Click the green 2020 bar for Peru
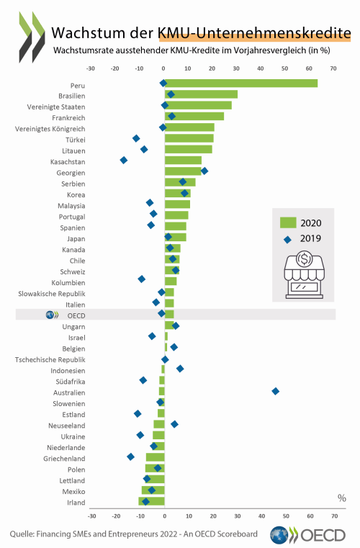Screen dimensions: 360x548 pyautogui.click(x=241, y=84)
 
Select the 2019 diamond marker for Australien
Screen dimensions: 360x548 pyautogui.click(x=276, y=391)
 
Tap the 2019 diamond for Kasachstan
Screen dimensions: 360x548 pyautogui.click(x=123, y=160)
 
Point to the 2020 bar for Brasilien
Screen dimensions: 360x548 pyautogui.click(x=201, y=94)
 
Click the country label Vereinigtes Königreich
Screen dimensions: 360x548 pyautogui.click(x=50, y=129)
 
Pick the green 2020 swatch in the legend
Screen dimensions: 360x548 pyautogui.click(x=288, y=223)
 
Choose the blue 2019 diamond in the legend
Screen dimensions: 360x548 pyautogui.click(x=288, y=239)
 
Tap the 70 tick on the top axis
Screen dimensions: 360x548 pyautogui.click(x=333, y=68)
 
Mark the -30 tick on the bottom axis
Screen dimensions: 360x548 pyautogui.click(x=91, y=516)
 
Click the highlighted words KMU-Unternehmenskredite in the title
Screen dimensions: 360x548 pyautogui.click(x=254, y=33)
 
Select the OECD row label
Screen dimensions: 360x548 pyautogui.click(x=76, y=315)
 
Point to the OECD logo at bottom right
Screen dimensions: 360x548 pyautogui.click(x=307, y=535)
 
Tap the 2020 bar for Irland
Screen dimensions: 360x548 pyautogui.click(x=151, y=501)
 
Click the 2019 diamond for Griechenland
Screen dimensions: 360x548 pyautogui.click(x=131, y=457)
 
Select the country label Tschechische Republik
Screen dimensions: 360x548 pyautogui.click(x=50, y=359)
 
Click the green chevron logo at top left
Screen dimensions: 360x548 pyautogui.click(x=32, y=37)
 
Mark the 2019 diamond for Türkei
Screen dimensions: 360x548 pyautogui.click(x=136, y=138)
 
